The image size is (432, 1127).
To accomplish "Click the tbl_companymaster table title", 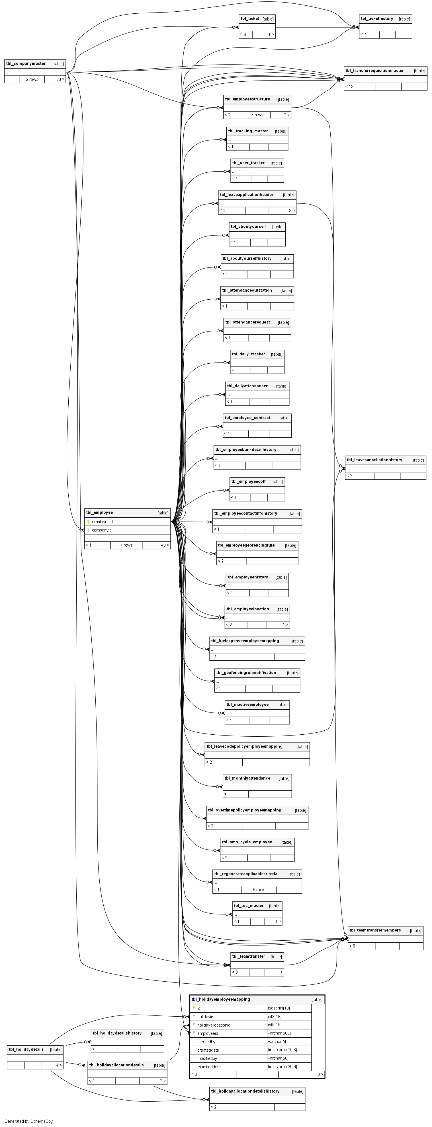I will tap(26, 64).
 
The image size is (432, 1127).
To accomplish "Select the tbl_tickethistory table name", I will tap(377, 19).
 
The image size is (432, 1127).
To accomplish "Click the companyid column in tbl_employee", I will tap(102, 530).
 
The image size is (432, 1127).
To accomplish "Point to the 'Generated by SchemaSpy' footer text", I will tap(28, 1121).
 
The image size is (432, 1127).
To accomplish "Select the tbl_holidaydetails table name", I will tap(26, 1050).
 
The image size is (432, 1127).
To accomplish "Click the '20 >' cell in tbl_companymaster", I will tap(60, 80).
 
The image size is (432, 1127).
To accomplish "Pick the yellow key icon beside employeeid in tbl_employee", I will tap(88, 522).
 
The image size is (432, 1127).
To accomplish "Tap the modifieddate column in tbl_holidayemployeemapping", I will tap(209, 1067).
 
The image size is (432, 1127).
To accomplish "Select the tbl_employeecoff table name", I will tap(248, 482).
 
